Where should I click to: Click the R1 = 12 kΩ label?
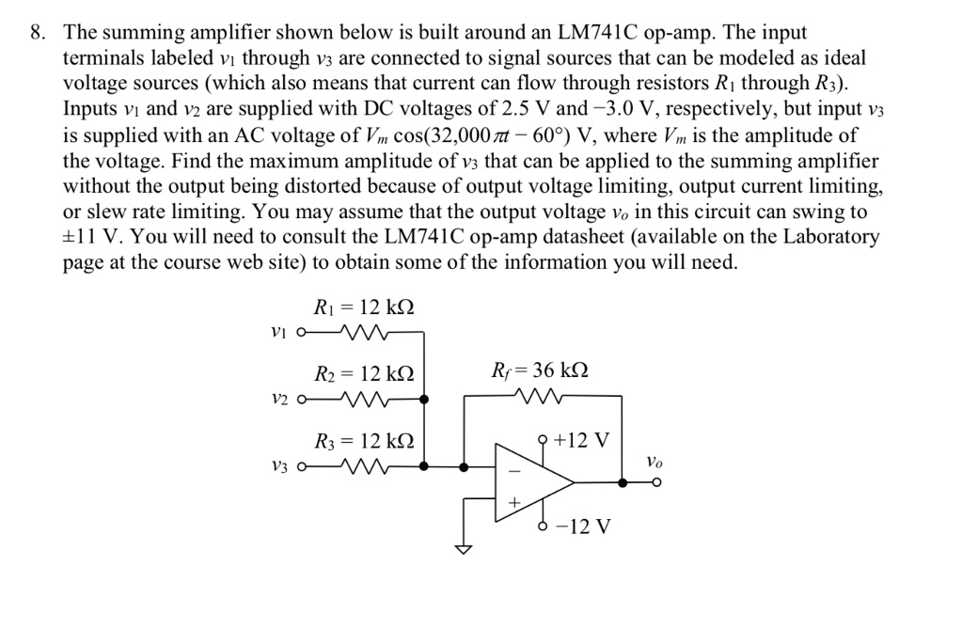point(363,308)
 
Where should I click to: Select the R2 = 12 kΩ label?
point(363,374)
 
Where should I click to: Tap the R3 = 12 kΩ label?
point(363,441)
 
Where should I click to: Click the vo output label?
point(656,462)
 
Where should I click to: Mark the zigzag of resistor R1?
point(361,332)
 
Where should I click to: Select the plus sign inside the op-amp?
point(513,503)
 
